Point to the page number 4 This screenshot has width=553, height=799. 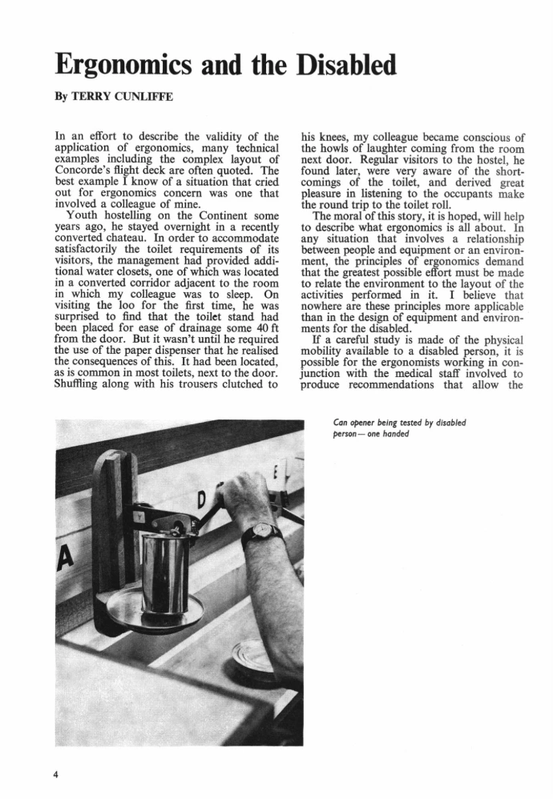tap(56, 774)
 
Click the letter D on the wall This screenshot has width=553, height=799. tap(200, 504)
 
